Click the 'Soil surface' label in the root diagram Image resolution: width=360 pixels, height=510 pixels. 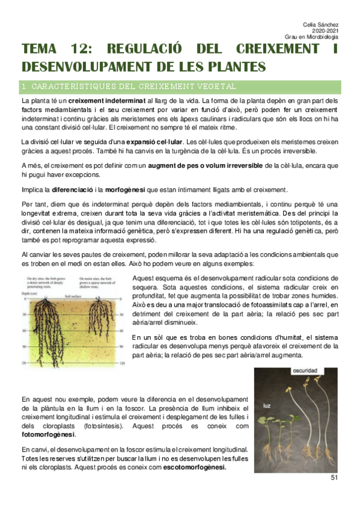click(x=74, y=296)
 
